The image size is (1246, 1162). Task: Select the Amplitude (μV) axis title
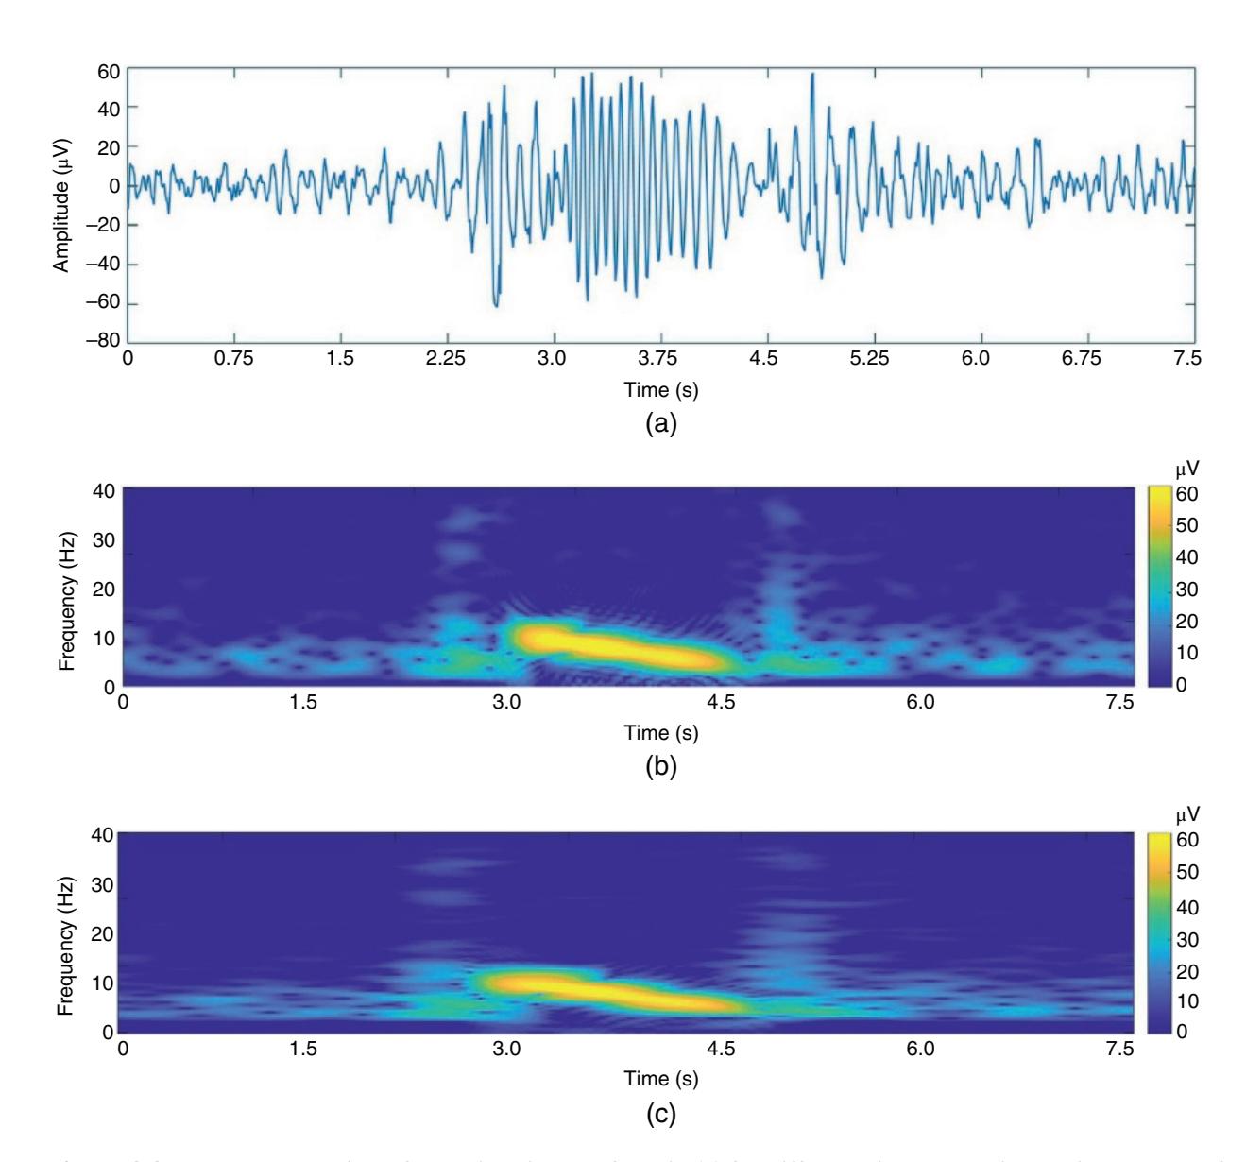click(x=61, y=204)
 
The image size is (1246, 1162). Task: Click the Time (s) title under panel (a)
click(x=659, y=389)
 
